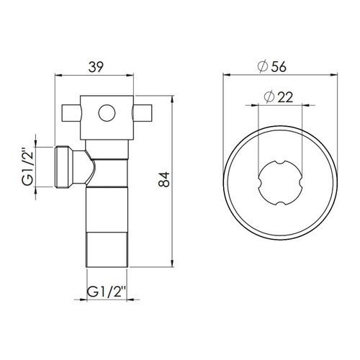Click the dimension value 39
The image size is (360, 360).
coord(96,67)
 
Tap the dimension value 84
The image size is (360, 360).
coord(164,179)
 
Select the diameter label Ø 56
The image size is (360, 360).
coord(272,66)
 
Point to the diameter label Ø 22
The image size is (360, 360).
coord(279,97)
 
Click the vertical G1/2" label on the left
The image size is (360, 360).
coord(27,168)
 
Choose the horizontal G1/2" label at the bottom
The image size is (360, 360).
coord(107,292)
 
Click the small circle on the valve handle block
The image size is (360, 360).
coord(107,113)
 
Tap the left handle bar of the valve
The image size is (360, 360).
coord(72,113)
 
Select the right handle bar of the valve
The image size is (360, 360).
coord(143,113)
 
